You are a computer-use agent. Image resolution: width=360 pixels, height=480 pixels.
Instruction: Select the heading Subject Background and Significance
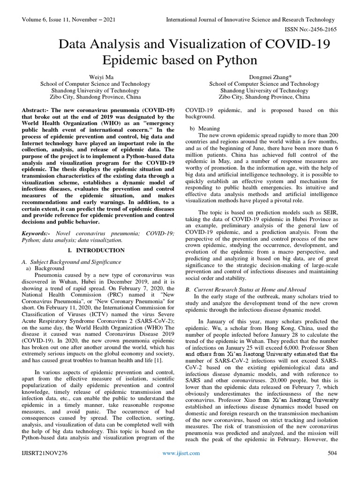coord(75,262)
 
